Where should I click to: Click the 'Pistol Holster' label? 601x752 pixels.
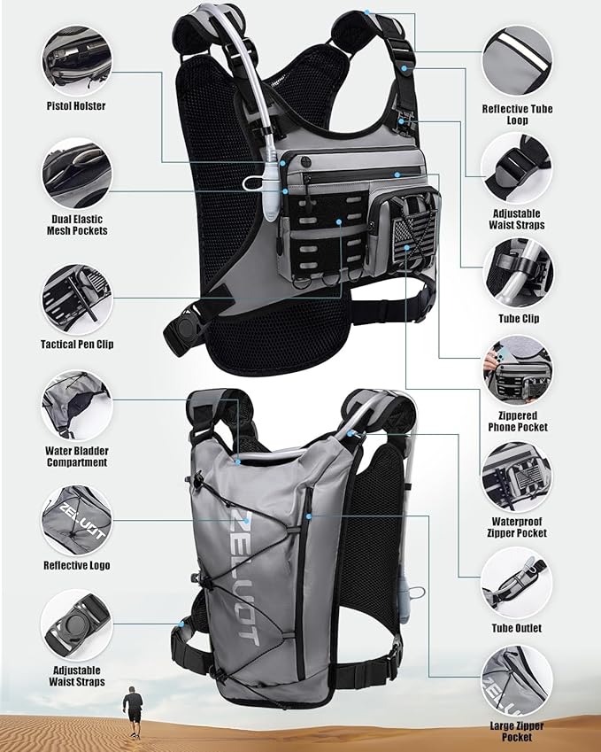tap(75, 106)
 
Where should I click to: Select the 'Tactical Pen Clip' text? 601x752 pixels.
tap(76, 345)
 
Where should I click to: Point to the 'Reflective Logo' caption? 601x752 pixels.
tap(76, 564)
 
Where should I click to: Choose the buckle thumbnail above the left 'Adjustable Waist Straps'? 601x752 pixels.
tap(75, 624)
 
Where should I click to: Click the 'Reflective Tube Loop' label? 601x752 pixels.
tap(518, 114)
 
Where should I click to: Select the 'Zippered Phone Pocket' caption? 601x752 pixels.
tap(518, 422)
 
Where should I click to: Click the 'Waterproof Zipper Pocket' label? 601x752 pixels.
tap(518, 527)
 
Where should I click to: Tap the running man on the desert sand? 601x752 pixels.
tap(134, 709)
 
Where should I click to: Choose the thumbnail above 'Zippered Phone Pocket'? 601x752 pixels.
tap(518, 370)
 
